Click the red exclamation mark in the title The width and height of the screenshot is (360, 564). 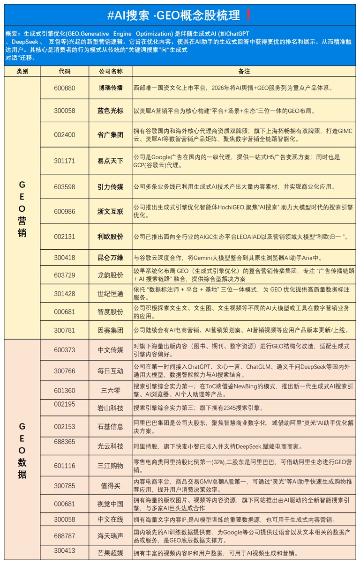[248, 15]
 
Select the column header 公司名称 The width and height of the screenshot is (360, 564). [111, 71]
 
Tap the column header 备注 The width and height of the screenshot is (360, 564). [244, 71]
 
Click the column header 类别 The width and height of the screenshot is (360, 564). [22, 71]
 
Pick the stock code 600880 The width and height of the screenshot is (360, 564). [64, 88]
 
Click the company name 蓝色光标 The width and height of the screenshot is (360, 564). [111, 111]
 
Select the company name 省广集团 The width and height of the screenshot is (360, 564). [111, 135]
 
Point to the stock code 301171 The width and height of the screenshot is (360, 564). [64, 161]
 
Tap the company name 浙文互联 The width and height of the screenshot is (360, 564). [111, 211]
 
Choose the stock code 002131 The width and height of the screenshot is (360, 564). [64, 237]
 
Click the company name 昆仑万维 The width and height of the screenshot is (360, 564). [111, 257]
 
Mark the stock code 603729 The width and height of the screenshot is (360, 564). [64, 275]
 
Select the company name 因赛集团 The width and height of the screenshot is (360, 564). [111, 330]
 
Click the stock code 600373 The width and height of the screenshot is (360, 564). [64, 349]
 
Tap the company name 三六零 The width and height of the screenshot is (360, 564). [111, 390]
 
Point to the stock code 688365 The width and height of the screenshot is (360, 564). [64, 442]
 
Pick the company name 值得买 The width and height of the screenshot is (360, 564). [111, 486]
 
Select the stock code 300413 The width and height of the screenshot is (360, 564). [64, 550]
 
